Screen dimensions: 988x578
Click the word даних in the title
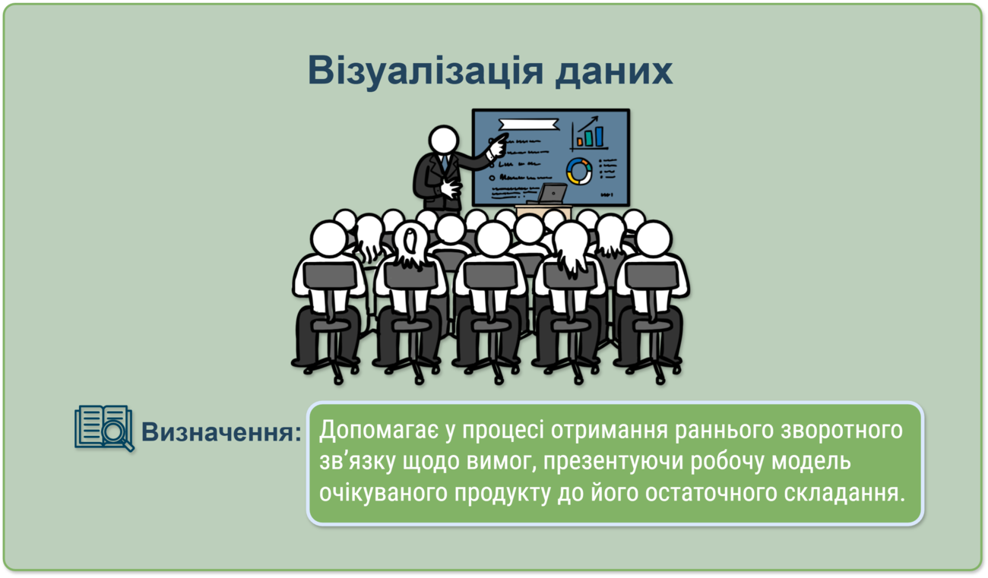pos(614,71)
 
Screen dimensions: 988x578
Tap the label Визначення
pos(221,431)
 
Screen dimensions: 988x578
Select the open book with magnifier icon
pos(104,428)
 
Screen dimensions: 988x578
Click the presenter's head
pos(444,141)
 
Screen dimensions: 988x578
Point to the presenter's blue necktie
pos(445,163)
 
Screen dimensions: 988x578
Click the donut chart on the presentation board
pos(579,172)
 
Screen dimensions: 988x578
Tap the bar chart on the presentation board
pos(589,134)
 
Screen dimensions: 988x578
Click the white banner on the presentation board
pos(528,125)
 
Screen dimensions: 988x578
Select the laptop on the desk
pos(549,194)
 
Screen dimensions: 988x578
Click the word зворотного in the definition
pos(841,431)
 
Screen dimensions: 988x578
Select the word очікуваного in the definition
pos(383,492)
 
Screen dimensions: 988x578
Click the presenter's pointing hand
pos(498,146)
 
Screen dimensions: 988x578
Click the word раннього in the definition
pos(724,431)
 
